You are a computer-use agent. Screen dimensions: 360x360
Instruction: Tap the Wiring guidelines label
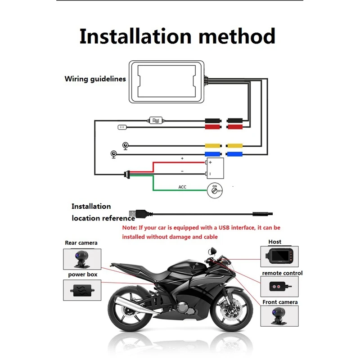point(95,79)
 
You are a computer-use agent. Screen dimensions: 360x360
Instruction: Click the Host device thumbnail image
point(279,256)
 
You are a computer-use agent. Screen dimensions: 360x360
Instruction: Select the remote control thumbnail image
point(279,286)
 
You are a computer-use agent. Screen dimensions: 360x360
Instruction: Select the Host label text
point(274,242)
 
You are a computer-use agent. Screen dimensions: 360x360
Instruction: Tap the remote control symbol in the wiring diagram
point(123,127)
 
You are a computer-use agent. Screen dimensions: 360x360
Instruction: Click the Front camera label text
point(280,302)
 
